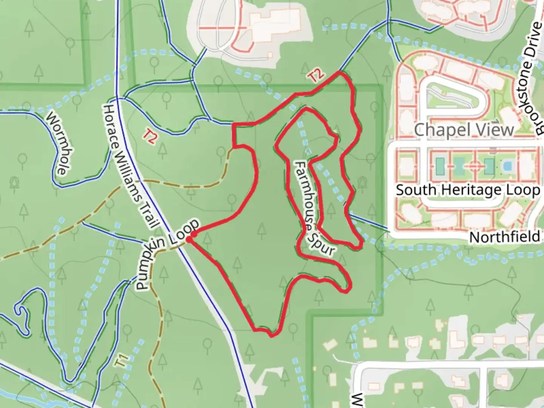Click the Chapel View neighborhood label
pos(464,130)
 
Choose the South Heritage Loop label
pos(468,190)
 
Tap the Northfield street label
pos(504,237)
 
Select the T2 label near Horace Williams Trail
pos(150,137)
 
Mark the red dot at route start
pos(193,235)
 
